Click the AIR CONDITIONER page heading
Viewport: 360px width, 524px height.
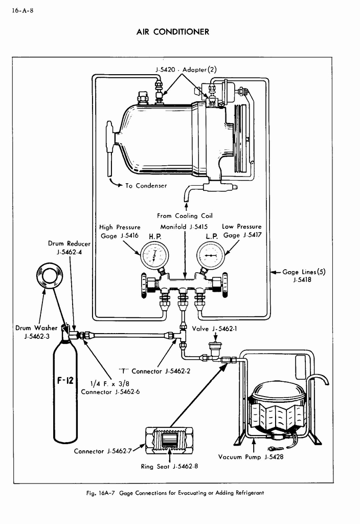click(x=173, y=32)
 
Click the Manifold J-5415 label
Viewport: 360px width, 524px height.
click(x=184, y=227)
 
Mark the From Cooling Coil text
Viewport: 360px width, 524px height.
click(x=185, y=215)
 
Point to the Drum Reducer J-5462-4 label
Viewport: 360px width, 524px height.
click(x=70, y=248)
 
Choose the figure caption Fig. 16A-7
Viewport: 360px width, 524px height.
click(x=176, y=493)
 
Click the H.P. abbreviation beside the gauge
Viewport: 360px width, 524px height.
click(x=154, y=237)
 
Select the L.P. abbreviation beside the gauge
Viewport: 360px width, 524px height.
click(x=212, y=237)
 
